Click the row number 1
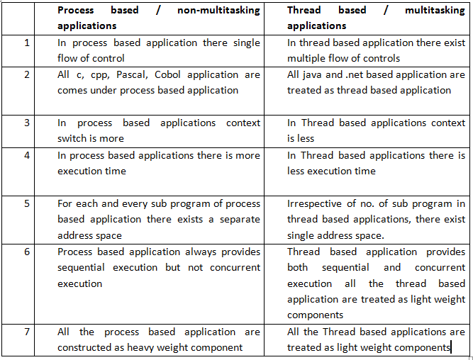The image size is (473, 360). pyautogui.click(x=28, y=43)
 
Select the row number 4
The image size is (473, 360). pyautogui.click(x=28, y=155)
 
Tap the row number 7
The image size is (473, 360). pyautogui.click(x=28, y=332)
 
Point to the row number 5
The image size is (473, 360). pyautogui.click(x=28, y=203)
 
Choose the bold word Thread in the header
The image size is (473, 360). pyautogui.click(x=304, y=11)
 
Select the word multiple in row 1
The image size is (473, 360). pyautogui.click(x=307, y=58)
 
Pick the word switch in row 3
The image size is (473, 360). pyautogui.click(x=74, y=138)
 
